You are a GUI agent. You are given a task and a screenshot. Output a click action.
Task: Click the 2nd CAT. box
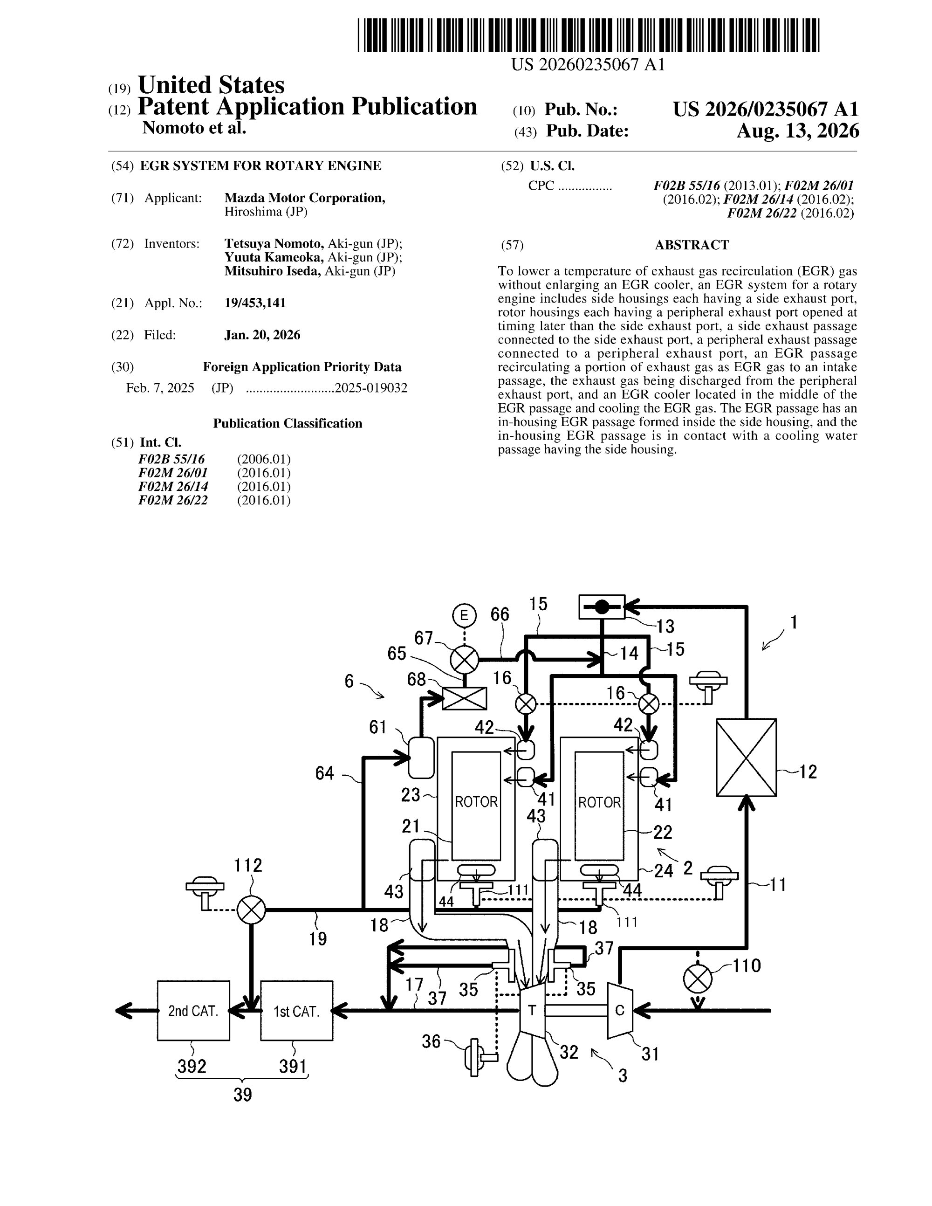pos(193,1011)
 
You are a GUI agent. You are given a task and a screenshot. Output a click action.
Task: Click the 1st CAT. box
pos(296,1011)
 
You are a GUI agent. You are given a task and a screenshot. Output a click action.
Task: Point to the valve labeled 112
pos(251,910)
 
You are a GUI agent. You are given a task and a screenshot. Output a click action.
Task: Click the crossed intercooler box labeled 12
pos(747,757)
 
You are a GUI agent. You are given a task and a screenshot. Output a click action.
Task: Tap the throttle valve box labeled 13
pos(602,606)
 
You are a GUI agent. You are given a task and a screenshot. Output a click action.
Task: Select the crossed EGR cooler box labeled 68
pos(465,698)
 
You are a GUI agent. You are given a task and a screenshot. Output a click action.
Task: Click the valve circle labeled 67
pos(464,659)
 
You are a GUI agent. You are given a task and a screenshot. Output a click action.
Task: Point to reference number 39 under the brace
pos(242,1095)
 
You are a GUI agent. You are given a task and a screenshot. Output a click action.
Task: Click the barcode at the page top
pos(588,35)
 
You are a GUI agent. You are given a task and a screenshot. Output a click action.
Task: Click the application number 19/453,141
pos(255,303)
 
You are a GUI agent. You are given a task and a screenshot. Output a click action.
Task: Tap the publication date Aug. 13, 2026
pos(798,131)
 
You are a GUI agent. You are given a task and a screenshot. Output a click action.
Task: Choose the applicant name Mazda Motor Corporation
pos(305,198)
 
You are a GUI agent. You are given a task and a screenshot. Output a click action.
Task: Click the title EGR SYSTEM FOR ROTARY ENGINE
pos(260,165)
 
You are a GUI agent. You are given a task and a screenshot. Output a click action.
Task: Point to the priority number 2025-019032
pos(371,388)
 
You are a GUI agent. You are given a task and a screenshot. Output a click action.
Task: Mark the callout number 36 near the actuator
pos(431,1041)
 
